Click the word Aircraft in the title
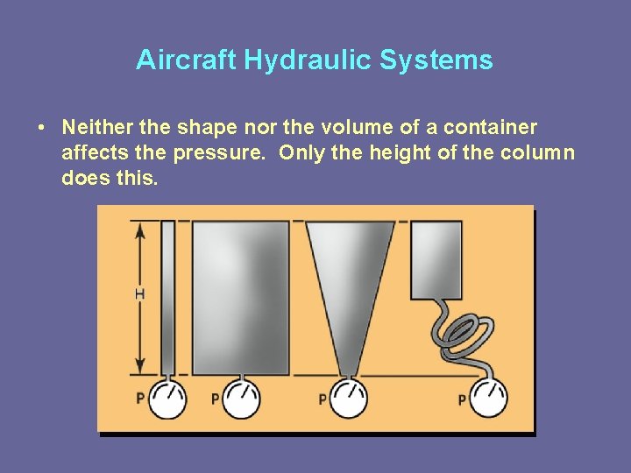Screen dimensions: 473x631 pos(187,60)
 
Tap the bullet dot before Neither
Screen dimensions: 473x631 pos(42,128)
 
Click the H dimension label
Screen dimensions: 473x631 pos(139,294)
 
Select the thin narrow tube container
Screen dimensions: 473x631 pos(167,298)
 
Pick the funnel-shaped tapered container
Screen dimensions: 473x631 pos(349,280)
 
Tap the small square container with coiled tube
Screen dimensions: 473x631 pos(436,260)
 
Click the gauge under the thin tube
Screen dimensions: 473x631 pos(167,399)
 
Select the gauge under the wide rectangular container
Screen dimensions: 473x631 pos(240,399)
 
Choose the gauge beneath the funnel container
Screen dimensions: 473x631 pos(349,399)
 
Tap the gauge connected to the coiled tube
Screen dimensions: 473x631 pos(488,399)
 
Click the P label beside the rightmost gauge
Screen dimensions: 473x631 pos(462,399)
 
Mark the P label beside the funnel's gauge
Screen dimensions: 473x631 pos(323,399)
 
